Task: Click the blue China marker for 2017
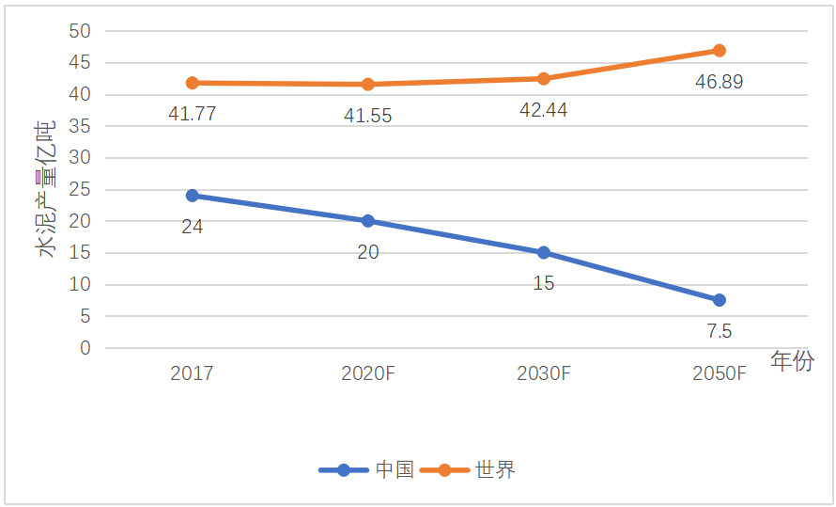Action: coord(193,196)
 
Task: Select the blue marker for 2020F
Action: coord(368,221)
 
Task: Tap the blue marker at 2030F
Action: coord(544,252)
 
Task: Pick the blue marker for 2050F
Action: coord(720,300)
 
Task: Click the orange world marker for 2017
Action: coord(193,83)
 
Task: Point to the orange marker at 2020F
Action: coord(368,85)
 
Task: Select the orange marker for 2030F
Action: coord(544,78)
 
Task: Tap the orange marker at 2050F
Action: coord(720,51)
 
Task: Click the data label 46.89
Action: coord(719,82)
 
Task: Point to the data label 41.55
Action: coord(367,117)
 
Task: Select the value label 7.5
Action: coord(719,331)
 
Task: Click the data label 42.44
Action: coord(543,110)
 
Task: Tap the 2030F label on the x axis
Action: coord(544,373)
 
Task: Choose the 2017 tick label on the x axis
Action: coord(193,373)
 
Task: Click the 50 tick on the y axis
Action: coord(80,31)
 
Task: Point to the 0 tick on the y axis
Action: coord(85,348)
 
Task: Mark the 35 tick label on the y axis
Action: coord(80,126)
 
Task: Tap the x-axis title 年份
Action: coord(792,360)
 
